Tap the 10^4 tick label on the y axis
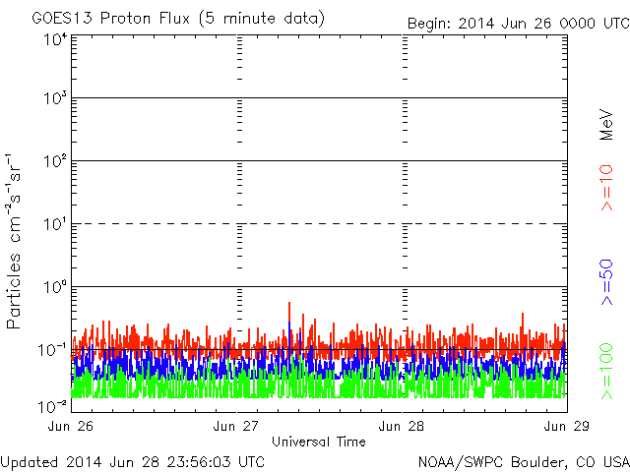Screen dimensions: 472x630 [x=55, y=39]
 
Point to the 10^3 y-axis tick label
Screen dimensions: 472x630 [x=55, y=99]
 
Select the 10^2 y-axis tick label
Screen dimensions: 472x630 [x=55, y=161]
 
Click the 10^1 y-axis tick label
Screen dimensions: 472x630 [x=55, y=224]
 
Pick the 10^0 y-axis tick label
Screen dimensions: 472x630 [x=55, y=287]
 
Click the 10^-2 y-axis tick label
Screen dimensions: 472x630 [x=53, y=405]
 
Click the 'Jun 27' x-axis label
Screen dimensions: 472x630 [x=237, y=426]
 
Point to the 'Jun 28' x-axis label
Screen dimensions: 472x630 [x=403, y=426]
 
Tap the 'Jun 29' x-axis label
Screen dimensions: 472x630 [x=567, y=426]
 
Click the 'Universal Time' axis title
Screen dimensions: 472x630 [x=318, y=442]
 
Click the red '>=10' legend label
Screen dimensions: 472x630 [x=607, y=188]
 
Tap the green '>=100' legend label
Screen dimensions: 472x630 [x=607, y=370]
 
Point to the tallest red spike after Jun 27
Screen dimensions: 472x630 [x=289, y=304]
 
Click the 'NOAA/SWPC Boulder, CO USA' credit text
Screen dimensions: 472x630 [x=523, y=461]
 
